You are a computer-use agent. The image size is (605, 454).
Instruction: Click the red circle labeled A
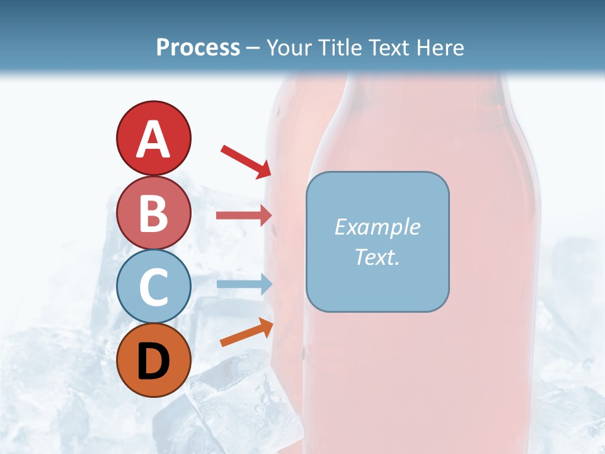pyautogui.click(x=153, y=138)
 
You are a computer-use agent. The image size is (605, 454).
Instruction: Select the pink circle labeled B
pyautogui.click(x=153, y=213)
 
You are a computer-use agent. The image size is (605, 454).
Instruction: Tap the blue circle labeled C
pyautogui.click(x=153, y=287)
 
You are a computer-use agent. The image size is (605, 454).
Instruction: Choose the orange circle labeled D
pyautogui.click(x=153, y=360)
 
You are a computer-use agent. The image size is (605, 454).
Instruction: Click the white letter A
pyautogui.click(x=153, y=139)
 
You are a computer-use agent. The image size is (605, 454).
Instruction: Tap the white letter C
pyautogui.click(x=153, y=288)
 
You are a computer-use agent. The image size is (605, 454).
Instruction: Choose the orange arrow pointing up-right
pyautogui.click(x=246, y=332)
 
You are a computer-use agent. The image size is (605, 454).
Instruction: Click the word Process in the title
pyautogui.click(x=198, y=48)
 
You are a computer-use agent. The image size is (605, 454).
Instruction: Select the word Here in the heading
pyautogui.click(x=441, y=48)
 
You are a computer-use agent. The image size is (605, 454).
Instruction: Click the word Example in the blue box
pyautogui.click(x=377, y=227)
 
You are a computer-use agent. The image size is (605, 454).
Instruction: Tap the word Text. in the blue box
pyautogui.click(x=377, y=257)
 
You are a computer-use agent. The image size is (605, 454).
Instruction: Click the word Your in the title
pyautogui.click(x=287, y=48)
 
